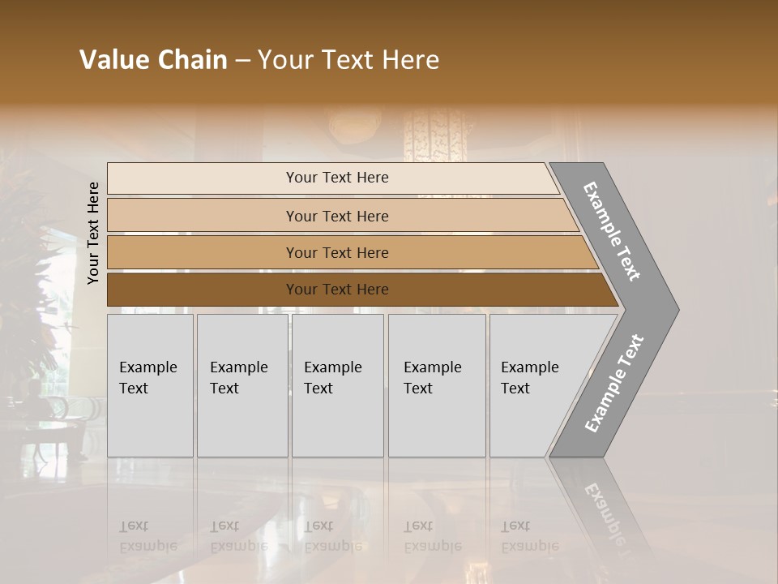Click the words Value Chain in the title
[x=153, y=60]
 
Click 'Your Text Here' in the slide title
[x=348, y=60]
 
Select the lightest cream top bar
[x=203, y=178]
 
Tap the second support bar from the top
[x=203, y=216]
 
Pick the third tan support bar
[x=203, y=252]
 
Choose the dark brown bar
[x=203, y=290]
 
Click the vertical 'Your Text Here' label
[x=93, y=233]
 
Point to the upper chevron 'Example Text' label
[x=612, y=231]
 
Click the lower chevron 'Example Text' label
[x=613, y=384]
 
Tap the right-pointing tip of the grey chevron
[x=674, y=309]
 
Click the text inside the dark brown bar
[x=337, y=290]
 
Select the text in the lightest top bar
[x=337, y=178]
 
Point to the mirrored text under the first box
[x=147, y=536]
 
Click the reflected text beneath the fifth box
[x=529, y=536]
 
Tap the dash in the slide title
[x=242, y=61]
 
